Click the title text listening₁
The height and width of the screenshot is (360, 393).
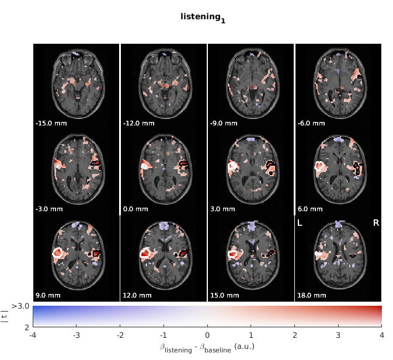pyautogui.click(x=203, y=18)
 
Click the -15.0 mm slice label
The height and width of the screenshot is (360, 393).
pyautogui.click(x=51, y=123)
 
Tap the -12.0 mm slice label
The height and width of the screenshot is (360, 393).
pyautogui.click(x=139, y=123)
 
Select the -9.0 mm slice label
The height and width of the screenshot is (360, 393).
pyautogui.click(x=224, y=123)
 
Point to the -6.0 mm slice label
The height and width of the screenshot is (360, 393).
pyautogui.click(x=311, y=123)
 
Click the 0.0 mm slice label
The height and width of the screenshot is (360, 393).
pyautogui.click(x=135, y=209)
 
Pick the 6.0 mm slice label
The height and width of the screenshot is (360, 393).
pyautogui.click(x=310, y=209)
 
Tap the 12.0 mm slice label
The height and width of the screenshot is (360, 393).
pyautogui.click(x=137, y=295)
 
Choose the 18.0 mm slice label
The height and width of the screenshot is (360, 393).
pyautogui.click(x=312, y=295)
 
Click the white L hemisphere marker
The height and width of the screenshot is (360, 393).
pyautogui.click(x=300, y=223)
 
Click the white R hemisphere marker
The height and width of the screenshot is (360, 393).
pyautogui.click(x=376, y=223)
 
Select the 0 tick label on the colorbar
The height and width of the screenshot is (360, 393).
pyautogui.click(x=207, y=335)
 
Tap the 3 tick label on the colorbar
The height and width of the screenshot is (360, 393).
pyautogui.click(x=338, y=335)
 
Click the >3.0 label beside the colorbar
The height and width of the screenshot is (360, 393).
pyautogui.click(x=20, y=306)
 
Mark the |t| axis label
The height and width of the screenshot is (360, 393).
pyautogui.click(x=5, y=316)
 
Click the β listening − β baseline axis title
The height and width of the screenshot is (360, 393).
pyautogui.click(x=207, y=348)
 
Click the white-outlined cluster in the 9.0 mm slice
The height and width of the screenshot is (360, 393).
pyautogui.click(x=58, y=253)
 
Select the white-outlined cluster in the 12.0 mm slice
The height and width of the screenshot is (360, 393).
pyautogui.click(x=145, y=253)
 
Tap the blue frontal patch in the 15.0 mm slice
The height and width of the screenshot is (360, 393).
pyautogui.click(x=251, y=226)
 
